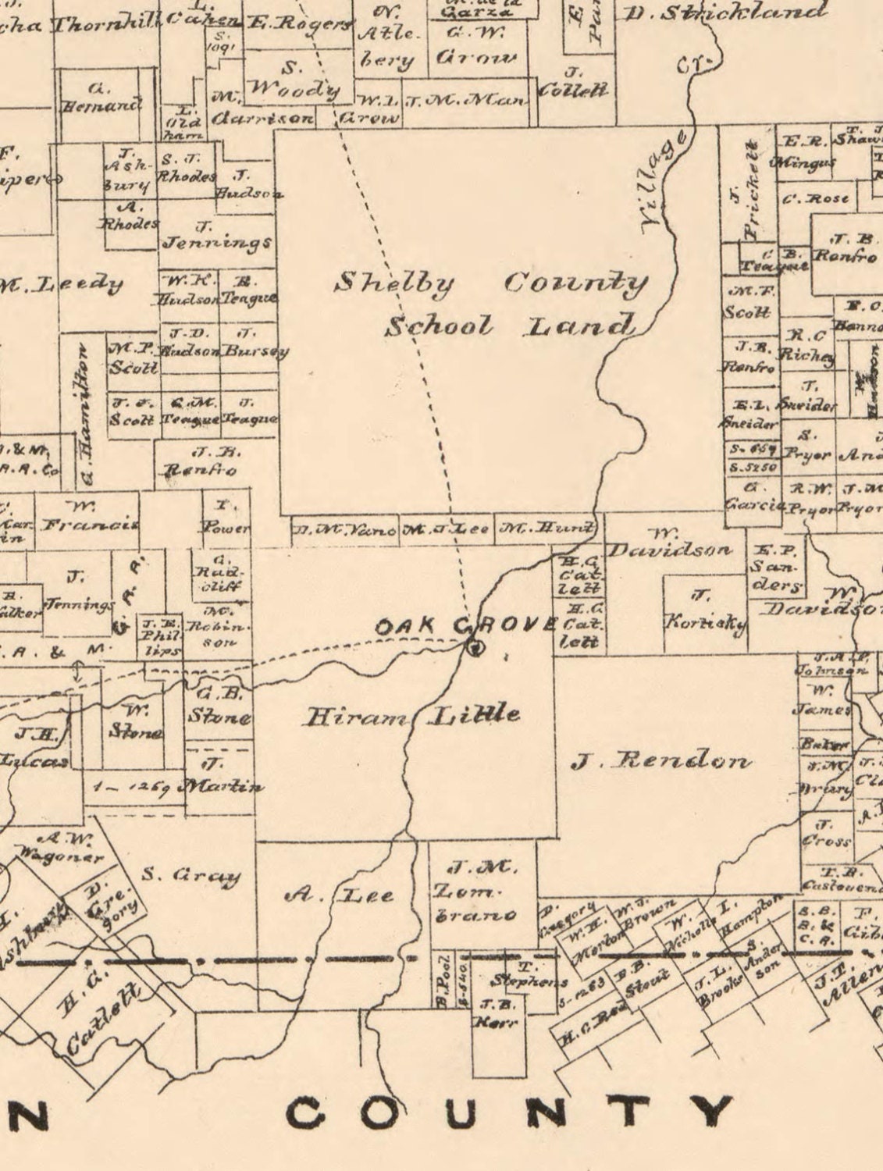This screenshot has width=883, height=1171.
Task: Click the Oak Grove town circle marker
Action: [474, 646]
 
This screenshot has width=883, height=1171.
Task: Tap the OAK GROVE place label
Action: [465, 626]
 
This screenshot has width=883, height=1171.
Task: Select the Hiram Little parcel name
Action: [411, 715]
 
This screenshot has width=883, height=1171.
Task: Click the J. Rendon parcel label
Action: [662, 761]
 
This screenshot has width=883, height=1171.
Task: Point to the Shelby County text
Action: [490, 283]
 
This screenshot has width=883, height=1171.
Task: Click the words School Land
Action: [508, 326]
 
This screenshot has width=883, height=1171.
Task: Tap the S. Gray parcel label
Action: [190, 875]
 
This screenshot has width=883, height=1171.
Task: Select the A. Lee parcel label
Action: [340, 895]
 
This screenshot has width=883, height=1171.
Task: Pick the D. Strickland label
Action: [726, 12]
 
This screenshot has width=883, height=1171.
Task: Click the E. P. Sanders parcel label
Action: [777, 567]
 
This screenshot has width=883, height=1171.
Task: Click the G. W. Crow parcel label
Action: [475, 47]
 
